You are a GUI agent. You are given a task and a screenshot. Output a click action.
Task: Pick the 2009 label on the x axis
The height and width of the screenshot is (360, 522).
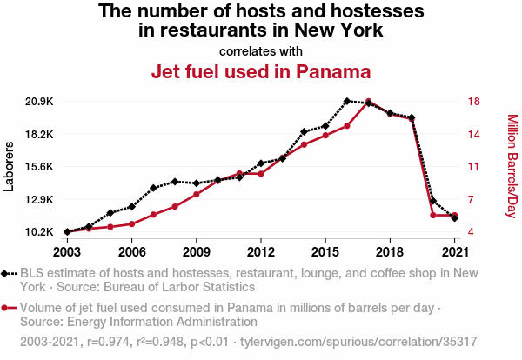[196, 251]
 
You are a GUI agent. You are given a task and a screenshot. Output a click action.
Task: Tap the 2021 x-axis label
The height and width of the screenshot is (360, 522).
[454, 251]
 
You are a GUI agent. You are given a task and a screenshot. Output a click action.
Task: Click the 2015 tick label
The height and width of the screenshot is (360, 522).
[325, 251]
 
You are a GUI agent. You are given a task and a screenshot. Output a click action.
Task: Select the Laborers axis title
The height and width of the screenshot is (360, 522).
[10, 167]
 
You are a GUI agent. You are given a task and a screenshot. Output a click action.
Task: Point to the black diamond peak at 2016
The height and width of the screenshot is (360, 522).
[347, 101]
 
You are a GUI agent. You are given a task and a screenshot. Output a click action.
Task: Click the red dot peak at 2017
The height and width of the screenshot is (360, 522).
[369, 102]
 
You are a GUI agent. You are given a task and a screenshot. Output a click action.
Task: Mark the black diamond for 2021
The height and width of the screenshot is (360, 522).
[455, 217]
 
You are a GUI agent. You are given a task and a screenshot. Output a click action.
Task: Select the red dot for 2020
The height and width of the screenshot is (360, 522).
[433, 215]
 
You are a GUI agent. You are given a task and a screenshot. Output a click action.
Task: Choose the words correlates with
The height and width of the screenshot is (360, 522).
[261, 51]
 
